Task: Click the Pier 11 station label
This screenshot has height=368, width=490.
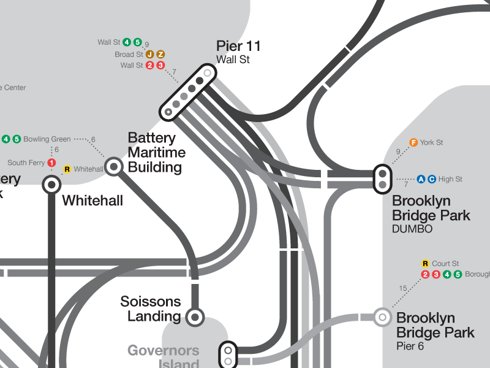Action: [239, 47]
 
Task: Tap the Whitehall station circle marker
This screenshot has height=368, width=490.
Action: [51, 184]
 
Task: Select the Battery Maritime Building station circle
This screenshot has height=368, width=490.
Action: [114, 166]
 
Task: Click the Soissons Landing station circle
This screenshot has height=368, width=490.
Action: [195, 316]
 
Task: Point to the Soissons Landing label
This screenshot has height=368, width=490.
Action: [151, 309]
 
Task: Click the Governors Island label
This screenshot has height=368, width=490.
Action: [164, 356]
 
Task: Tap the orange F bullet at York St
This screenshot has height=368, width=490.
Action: [413, 142]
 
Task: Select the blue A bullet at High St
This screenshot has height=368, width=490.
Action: [421, 179]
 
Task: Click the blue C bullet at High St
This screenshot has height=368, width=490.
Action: [431, 179]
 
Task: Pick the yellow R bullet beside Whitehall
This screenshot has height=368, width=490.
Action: [67, 169]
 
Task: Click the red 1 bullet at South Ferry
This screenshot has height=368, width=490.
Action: [51, 163]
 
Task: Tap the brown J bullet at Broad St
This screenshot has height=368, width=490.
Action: [149, 55]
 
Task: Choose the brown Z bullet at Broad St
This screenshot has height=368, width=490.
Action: [160, 55]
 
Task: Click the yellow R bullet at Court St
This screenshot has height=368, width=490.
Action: [425, 264]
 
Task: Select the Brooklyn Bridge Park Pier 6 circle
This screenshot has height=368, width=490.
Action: [382, 317]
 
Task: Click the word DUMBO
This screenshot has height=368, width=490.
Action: [412, 229]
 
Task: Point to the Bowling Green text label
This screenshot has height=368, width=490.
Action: [47, 139]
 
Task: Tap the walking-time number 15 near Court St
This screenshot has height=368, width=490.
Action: [402, 288]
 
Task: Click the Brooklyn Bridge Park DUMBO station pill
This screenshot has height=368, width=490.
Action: [382, 179]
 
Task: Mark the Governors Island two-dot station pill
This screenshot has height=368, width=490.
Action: [228, 355]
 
